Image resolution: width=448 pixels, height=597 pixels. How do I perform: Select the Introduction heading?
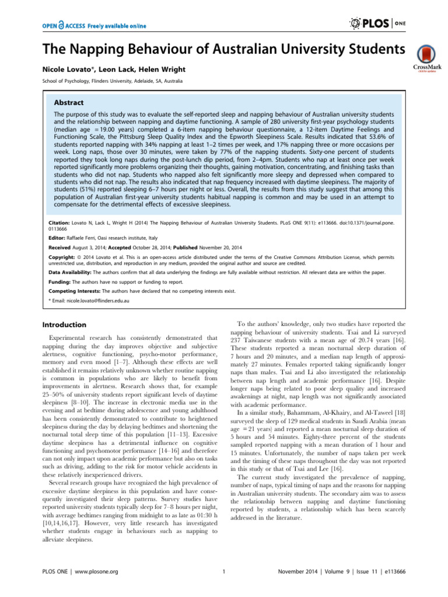(x=65, y=324)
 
